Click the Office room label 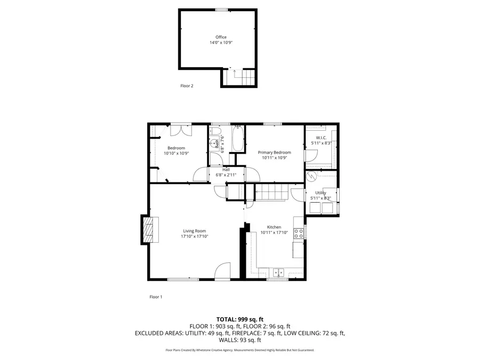(221, 37)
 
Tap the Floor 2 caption (187, 86)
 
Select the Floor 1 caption (156, 297)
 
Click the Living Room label (194, 231)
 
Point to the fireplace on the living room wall (150, 229)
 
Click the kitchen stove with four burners (299, 233)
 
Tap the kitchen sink (278, 272)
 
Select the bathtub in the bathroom (238, 139)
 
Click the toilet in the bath (216, 131)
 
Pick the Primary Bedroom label (274, 153)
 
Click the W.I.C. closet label (321, 138)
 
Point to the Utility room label (321, 193)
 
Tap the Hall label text (226, 170)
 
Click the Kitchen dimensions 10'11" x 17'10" (274, 233)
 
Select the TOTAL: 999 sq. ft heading (240, 319)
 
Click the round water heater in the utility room (311, 176)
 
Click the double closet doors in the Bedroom (181, 130)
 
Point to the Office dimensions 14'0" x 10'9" (221, 43)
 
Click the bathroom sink (213, 143)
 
